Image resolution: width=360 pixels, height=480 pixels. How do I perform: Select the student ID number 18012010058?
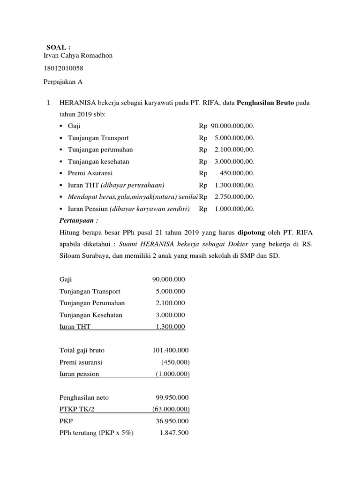click(63, 69)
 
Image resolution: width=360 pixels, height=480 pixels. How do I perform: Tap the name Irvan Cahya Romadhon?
click(78, 56)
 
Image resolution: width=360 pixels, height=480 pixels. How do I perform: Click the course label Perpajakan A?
click(63, 82)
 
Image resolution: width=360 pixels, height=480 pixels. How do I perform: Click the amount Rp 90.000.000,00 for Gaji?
click(227, 126)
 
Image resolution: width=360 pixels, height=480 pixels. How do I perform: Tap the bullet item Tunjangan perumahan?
click(100, 150)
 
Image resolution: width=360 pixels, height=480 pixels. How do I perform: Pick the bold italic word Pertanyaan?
click(76, 220)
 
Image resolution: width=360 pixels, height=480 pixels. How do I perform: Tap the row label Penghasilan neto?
click(84, 397)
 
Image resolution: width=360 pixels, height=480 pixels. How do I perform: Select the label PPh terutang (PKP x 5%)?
click(97, 433)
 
